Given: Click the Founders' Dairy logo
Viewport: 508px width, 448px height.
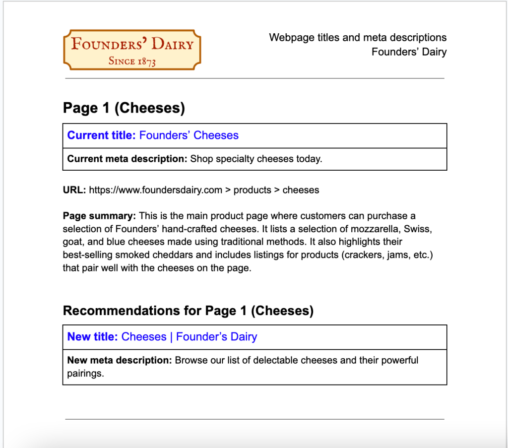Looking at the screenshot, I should (x=132, y=49).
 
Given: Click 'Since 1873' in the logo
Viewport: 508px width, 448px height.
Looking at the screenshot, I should (x=132, y=62).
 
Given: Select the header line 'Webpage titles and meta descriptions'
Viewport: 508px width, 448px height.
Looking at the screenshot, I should (x=358, y=38).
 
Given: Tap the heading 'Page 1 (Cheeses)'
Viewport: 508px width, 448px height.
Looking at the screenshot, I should (x=124, y=108).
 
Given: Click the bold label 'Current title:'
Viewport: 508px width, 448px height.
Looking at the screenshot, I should (x=101, y=135).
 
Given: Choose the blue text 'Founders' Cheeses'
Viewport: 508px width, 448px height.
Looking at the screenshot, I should (x=189, y=135).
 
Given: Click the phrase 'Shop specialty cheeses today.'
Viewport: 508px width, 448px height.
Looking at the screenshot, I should (x=256, y=159).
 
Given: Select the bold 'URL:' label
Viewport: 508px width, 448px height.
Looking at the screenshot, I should (x=74, y=190).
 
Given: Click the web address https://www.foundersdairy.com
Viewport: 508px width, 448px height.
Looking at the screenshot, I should (x=155, y=190).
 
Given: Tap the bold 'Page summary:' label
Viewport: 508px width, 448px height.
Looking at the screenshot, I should (x=99, y=216).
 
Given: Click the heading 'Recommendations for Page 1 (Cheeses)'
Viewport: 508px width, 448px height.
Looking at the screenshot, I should (x=188, y=311).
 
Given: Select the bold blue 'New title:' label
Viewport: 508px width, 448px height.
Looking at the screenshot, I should (x=93, y=337).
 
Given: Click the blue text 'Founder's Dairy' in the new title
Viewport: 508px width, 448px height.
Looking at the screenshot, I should (x=216, y=337).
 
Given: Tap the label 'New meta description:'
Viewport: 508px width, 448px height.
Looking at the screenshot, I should (x=120, y=360).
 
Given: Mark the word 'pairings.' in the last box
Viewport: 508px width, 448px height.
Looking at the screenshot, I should (x=85, y=373).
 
